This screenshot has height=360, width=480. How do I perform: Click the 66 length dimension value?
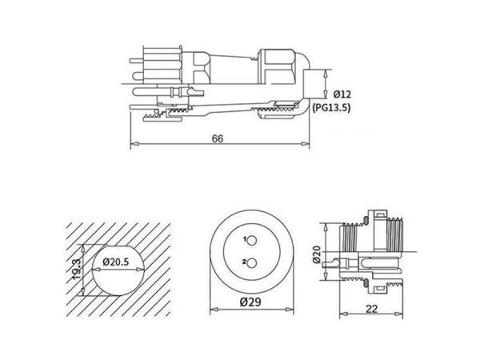click(218, 138)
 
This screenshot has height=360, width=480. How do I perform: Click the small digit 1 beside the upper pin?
click(241, 239)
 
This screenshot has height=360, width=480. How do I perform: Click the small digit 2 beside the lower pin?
click(241, 262)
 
